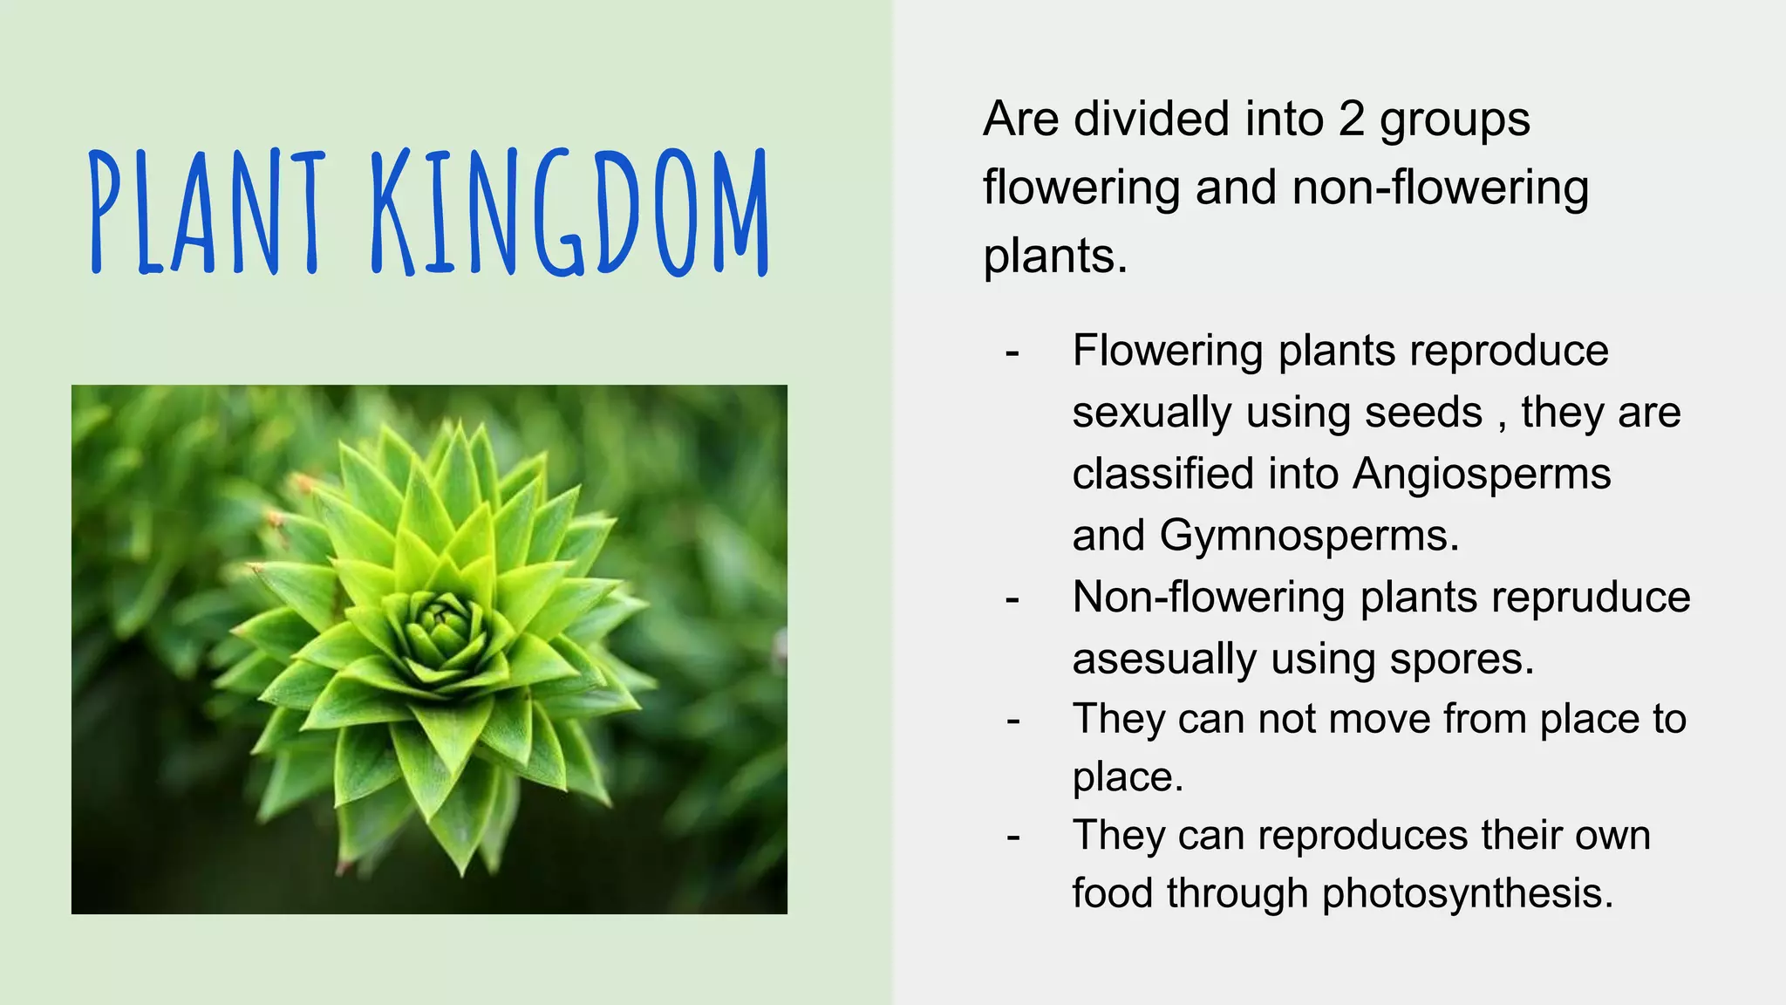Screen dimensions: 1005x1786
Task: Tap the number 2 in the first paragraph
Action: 1350,119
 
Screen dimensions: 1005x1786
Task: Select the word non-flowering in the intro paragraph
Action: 1440,188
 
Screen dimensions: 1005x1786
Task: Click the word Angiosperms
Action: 1482,474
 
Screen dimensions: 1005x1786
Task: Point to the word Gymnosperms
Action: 1309,535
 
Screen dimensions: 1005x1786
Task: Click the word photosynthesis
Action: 1468,893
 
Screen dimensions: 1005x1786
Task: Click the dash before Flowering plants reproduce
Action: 1012,353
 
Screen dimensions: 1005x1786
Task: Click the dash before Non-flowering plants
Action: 1012,599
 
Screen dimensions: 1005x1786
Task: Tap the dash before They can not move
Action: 1012,721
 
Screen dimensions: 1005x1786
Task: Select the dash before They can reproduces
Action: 1012,837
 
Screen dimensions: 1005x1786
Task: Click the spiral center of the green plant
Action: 443,621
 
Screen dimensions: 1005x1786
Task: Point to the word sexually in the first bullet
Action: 1151,413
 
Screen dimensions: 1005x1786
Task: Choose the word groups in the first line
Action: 1454,120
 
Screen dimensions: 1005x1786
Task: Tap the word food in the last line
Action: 1112,893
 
